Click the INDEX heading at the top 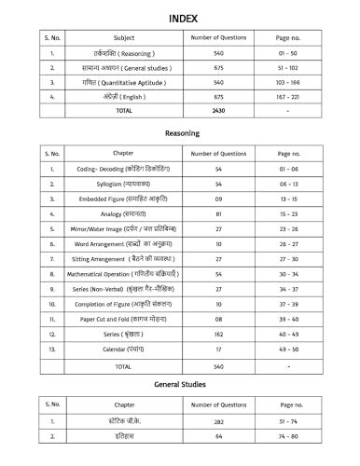[180, 18]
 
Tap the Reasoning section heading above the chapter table [182, 133]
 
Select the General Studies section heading [182, 384]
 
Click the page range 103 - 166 [289, 82]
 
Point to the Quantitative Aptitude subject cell [124, 82]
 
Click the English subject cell [124, 96]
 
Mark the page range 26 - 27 [289, 243]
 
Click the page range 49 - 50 [289, 349]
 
